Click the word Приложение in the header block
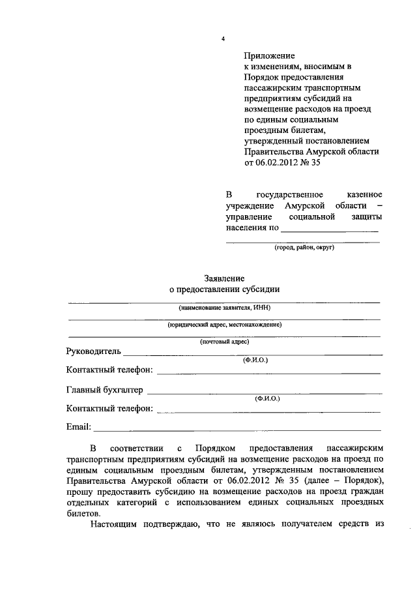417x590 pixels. (x=270, y=57)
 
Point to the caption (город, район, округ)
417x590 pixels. (x=303, y=248)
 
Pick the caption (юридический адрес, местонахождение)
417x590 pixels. (x=224, y=325)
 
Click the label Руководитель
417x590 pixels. (x=94, y=351)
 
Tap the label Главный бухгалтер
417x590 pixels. (x=104, y=391)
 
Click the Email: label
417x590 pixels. (x=79, y=428)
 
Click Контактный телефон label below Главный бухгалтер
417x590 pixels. (x=109, y=409)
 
